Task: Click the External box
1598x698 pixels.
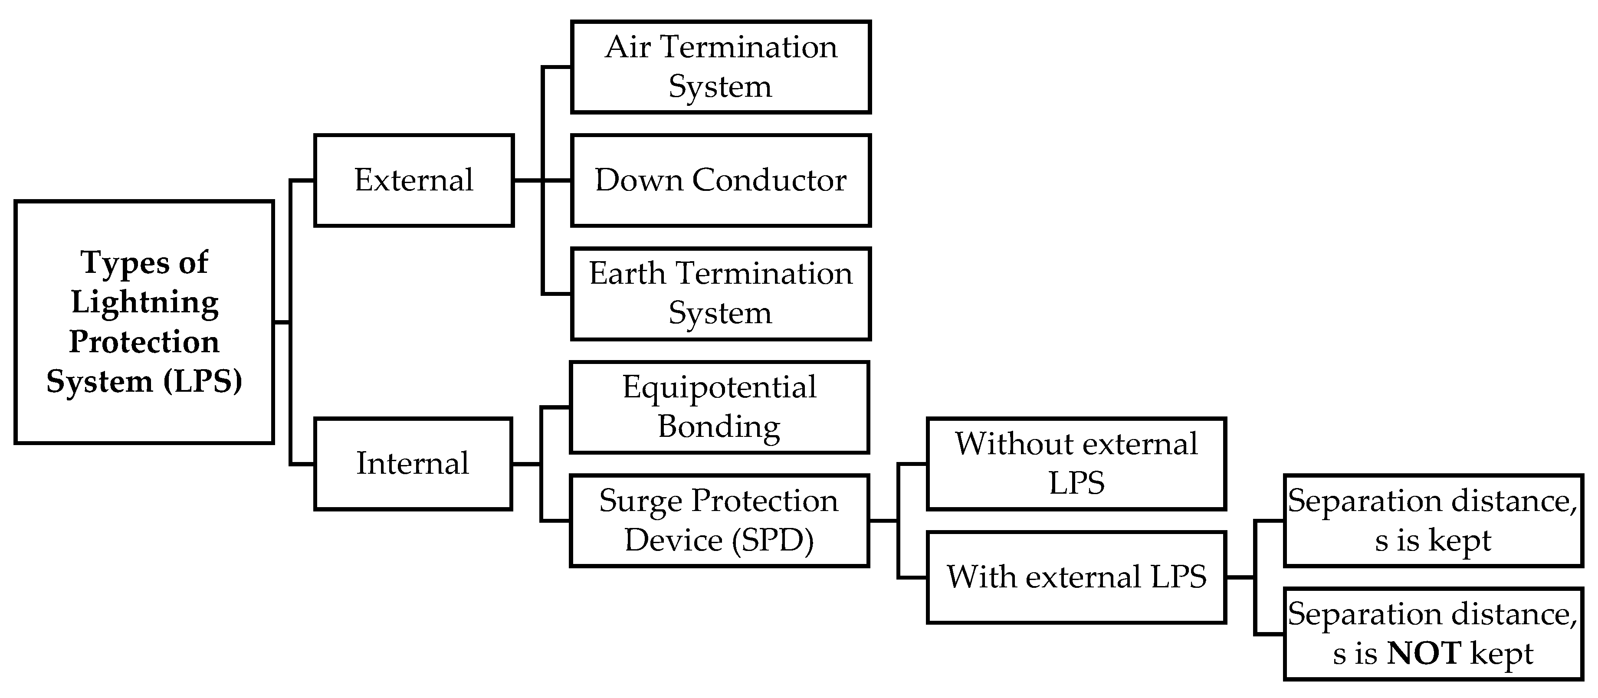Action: click(x=414, y=180)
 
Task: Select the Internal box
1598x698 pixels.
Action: click(x=413, y=463)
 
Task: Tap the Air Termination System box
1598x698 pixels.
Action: click(x=721, y=67)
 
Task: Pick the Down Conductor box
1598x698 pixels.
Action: click(x=721, y=180)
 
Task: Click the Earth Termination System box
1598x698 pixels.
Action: click(x=721, y=293)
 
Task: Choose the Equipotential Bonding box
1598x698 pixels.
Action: click(x=719, y=407)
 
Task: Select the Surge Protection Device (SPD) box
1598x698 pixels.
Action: click(x=719, y=521)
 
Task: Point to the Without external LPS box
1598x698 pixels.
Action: click(x=1076, y=463)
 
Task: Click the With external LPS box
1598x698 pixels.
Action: click(x=1076, y=577)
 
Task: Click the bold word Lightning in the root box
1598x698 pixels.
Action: click(x=144, y=302)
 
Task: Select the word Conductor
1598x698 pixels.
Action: click(x=769, y=180)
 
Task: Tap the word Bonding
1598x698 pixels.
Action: click(x=719, y=427)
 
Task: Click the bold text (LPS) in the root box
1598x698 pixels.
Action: click(x=203, y=381)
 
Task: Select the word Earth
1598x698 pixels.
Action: click(x=627, y=274)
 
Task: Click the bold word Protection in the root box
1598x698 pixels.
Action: click(x=144, y=342)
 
